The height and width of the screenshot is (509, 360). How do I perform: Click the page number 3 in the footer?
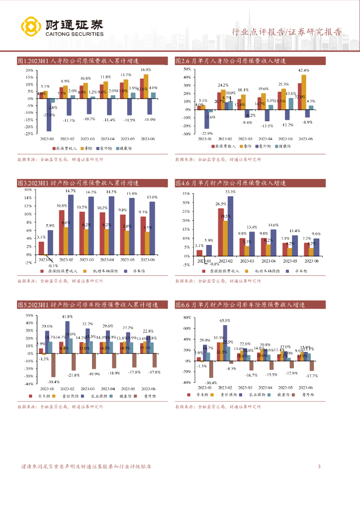(319, 466)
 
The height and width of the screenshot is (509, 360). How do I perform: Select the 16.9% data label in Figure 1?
(146, 70)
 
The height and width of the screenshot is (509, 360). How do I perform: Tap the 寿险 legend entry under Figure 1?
(88, 148)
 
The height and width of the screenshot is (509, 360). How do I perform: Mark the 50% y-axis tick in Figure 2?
(187, 70)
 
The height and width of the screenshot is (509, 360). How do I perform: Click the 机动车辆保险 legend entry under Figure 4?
(270, 270)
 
